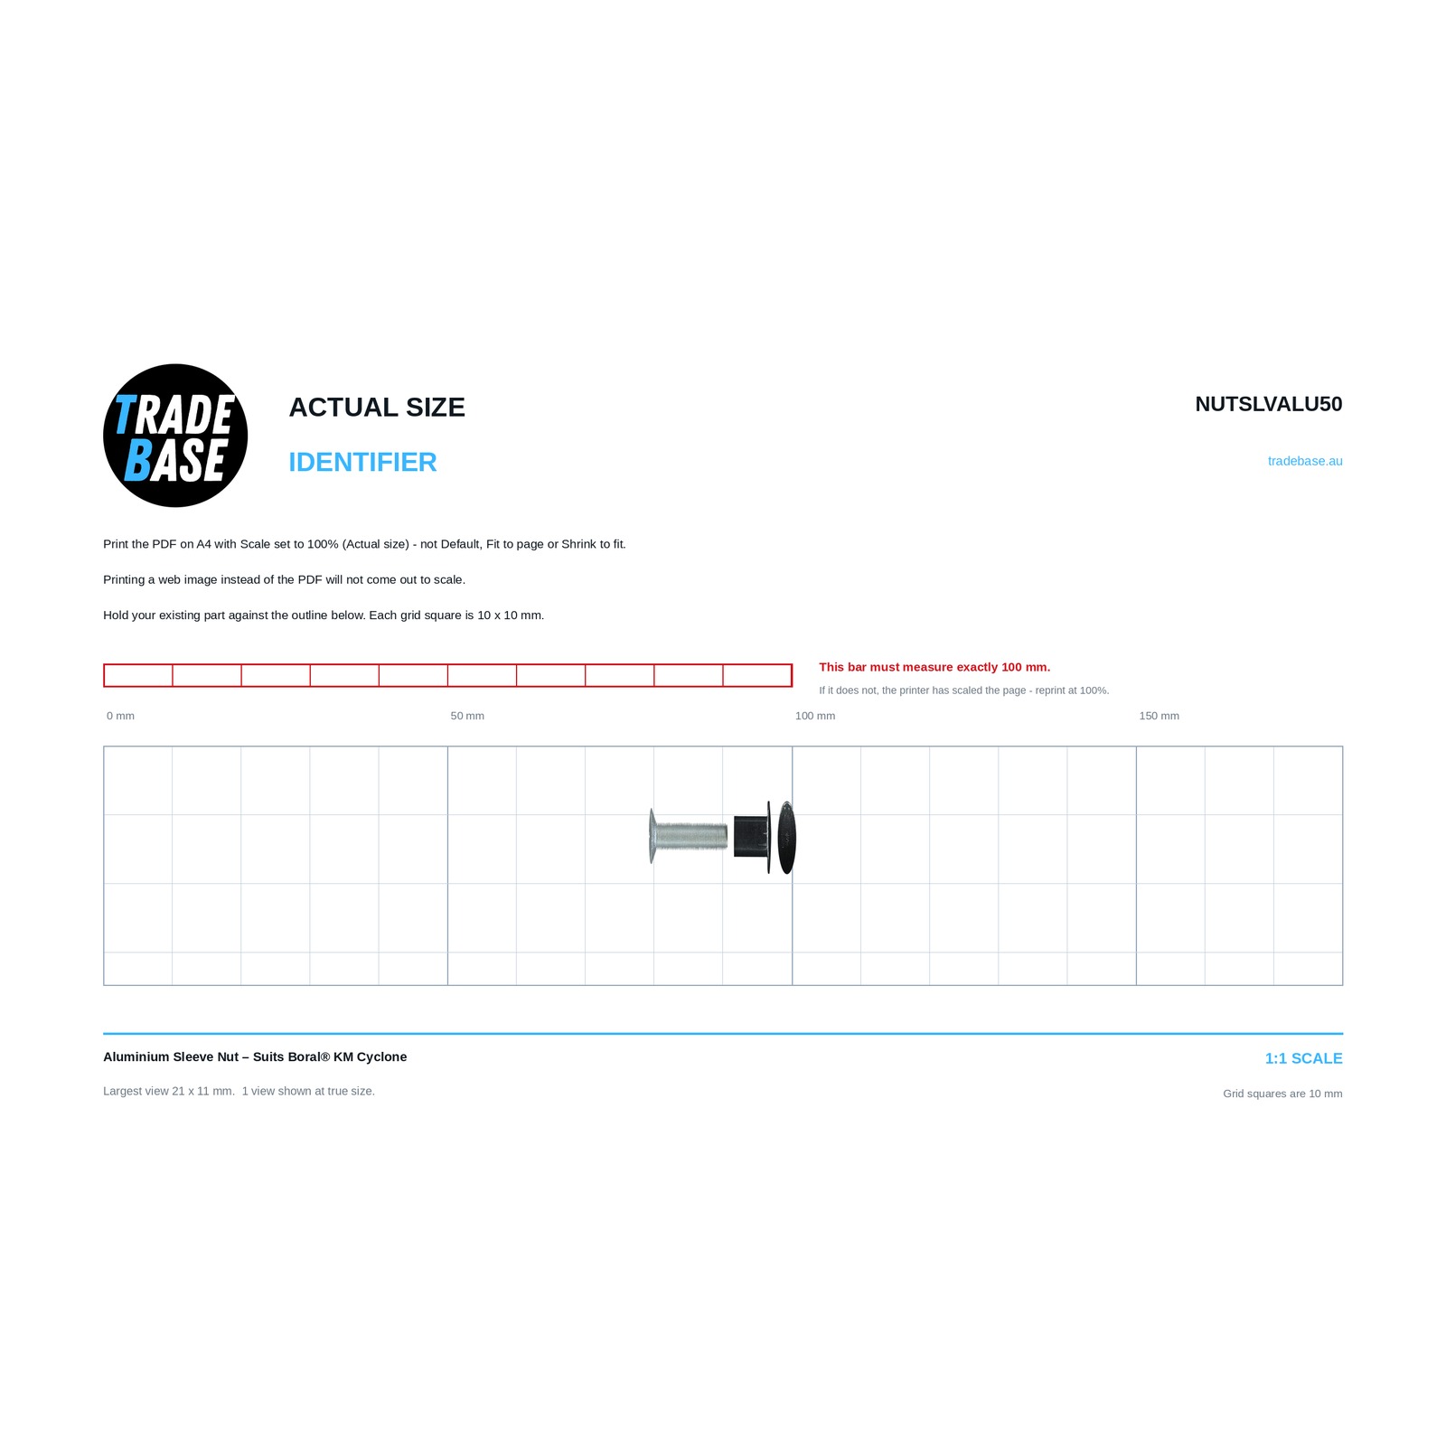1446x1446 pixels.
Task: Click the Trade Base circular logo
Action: (175, 436)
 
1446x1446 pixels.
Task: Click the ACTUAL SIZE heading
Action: (377, 408)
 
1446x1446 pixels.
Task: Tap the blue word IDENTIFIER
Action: (362, 462)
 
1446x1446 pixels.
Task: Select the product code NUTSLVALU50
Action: (1268, 404)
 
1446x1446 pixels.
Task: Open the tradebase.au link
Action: (1305, 461)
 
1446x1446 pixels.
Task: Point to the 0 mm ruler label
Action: (120, 716)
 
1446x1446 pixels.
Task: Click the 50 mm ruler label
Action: (467, 716)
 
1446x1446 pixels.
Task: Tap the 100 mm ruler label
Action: (815, 716)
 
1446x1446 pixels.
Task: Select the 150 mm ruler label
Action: (1159, 716)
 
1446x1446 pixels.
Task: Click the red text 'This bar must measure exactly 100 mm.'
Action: (934, 667)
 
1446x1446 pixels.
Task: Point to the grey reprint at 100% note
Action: (964, 690)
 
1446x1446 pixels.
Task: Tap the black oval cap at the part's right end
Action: (787, 838)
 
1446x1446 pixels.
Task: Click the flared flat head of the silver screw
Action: (652, 836)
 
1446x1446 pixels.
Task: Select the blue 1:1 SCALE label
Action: (1303, 1058)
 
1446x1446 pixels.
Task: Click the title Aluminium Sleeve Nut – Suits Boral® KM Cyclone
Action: (255, 1056)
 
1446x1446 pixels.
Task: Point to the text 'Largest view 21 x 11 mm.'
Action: (169, 1091)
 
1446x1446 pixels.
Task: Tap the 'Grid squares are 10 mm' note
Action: (1282, 1094)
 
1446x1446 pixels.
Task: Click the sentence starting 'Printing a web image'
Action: (284, 579)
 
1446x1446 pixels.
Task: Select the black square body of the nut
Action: (751, 836)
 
